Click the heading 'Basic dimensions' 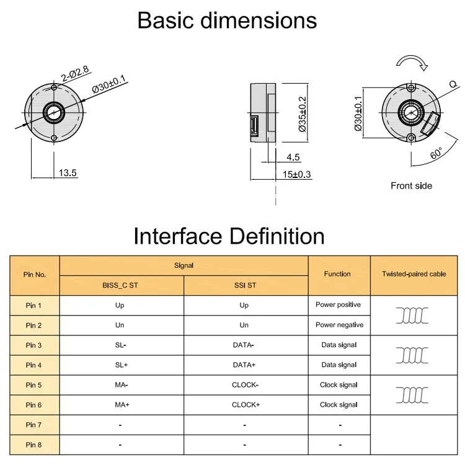(227, 20)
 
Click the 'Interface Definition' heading (229, 236)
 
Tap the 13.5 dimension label (68, 174)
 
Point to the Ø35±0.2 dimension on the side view (303, 113)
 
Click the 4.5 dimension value (293, 157)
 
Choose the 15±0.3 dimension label (296, 175)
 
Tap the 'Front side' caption (411, 185)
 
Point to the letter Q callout (453, 83)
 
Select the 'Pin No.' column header (35, 273)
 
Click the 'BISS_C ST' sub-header (122, 286)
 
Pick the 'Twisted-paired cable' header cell (414, 273)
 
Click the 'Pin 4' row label (35, 365)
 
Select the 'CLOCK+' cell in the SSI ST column (246, 405)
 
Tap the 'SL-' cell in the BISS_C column (121, 345)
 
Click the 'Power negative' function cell (339, 325)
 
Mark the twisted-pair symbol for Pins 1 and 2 (412, 316)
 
